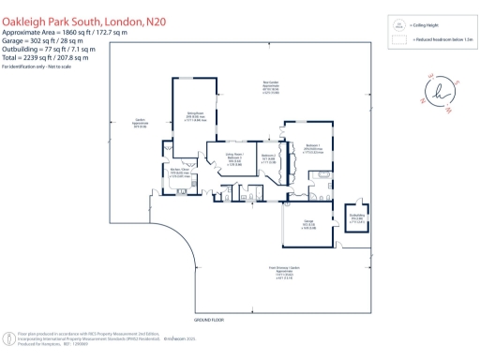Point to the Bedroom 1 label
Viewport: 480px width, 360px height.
[x=313, y=148]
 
